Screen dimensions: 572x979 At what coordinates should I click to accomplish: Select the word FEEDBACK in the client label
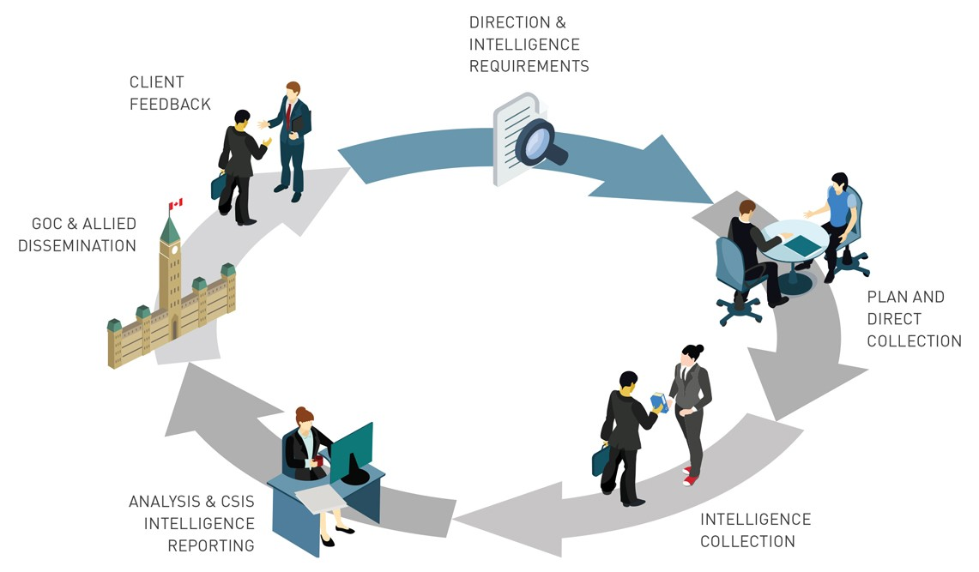pyautogui.click(x=170, y=104)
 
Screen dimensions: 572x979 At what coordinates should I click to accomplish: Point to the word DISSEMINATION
pyautogui.click(x=76, y=246)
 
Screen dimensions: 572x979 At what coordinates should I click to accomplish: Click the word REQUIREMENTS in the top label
pyautogui.click(x=529, y=66)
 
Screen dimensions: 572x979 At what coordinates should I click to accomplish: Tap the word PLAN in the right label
pyautogui.click(x=886, y=297)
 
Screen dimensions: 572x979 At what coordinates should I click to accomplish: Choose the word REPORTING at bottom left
pyautogui.click(x=211, y=545)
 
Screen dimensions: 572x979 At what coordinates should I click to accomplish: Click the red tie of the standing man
pyautogui.click(x=288, y=116)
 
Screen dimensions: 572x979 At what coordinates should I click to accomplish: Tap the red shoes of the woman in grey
pyautogui.click(x=688, y=476)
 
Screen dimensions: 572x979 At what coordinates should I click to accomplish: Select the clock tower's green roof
pyautogui.click(x=170, y=230)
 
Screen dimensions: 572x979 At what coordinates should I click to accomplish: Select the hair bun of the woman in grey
pyautogui.click(x=699, y=349)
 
